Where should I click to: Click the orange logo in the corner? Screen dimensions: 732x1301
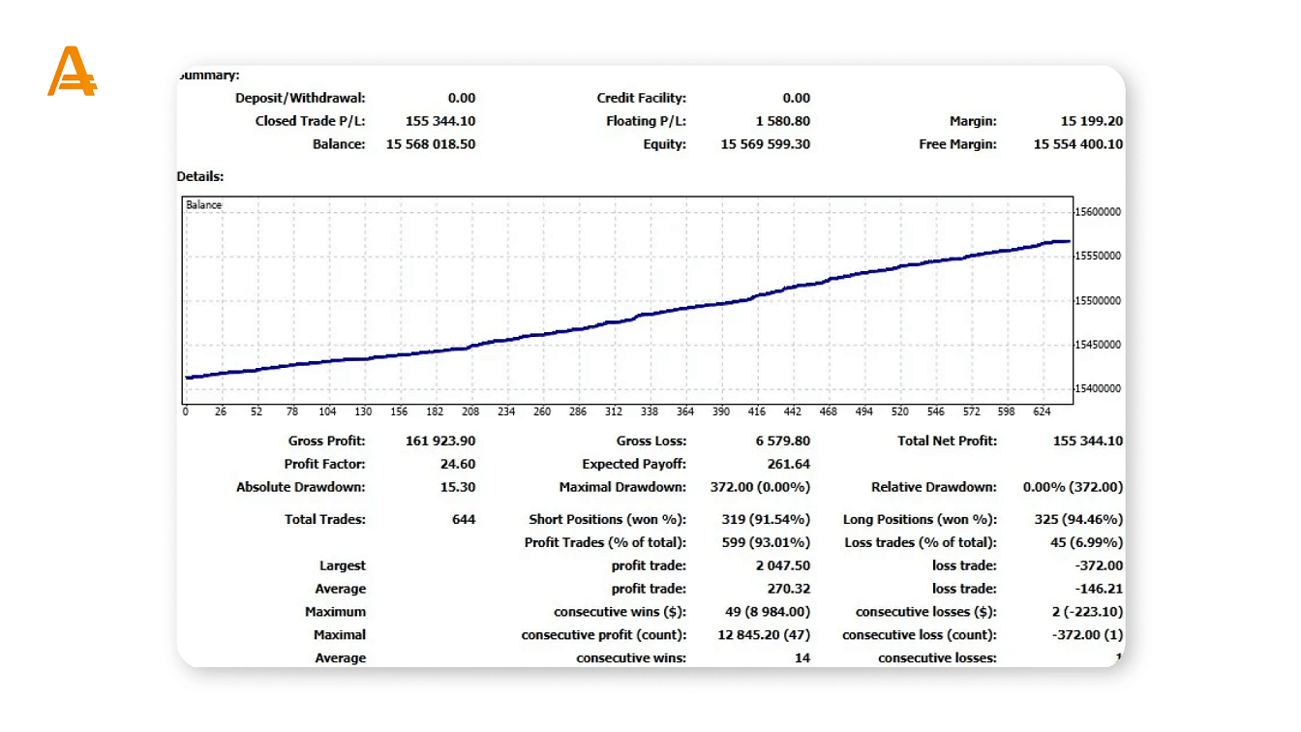[72, 73]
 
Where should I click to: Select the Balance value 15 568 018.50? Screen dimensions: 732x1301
[431, 144]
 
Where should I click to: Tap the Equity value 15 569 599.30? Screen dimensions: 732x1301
[766, 144]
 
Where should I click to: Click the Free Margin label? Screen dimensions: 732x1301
[957, 144]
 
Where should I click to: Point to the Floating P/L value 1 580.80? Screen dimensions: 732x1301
[783, 121]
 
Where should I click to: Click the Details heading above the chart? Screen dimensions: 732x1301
[200, 176]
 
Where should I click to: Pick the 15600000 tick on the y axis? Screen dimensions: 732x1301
[1098, 212]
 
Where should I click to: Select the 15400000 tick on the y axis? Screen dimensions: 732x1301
[1098, 389]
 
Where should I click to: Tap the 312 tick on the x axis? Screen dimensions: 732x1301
[614, 412]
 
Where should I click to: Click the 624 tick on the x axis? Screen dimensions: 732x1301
[1042, 412]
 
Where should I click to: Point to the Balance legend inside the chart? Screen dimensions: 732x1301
[203, 205]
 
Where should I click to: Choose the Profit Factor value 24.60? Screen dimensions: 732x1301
[458, 464]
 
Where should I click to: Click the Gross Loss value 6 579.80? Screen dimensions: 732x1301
[783, 441]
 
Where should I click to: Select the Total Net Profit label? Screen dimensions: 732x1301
[947, 441]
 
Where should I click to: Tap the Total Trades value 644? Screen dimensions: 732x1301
[464, 519]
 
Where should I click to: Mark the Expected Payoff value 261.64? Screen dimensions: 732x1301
[788, 464]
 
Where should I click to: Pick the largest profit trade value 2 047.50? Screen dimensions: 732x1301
[783, 565]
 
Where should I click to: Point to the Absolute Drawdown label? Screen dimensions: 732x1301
[301, 487]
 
